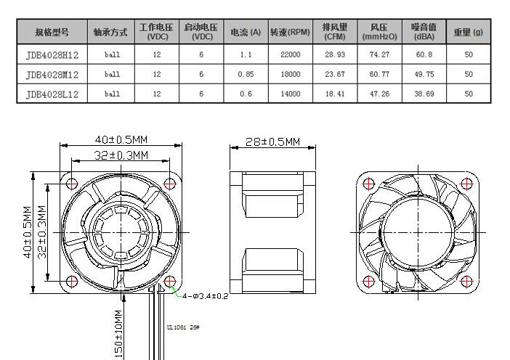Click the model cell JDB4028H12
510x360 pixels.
click(x=52, y=54)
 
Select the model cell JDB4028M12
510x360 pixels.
click(x=52, y=74)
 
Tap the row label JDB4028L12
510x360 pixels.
click(x=52, y=94)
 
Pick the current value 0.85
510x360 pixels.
click(x=246, y=74)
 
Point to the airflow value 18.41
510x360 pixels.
click(x=335, y=94)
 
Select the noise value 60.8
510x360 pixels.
click(x=424, y=54)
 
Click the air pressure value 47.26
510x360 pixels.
click(x=379, y=94)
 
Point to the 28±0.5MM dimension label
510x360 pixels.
click(x=273, y=142)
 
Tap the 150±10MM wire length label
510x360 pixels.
click(x=118, y=333)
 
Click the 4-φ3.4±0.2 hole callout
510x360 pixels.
click(x=206, y=296)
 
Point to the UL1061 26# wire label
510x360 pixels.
click(x=183, y=327)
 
